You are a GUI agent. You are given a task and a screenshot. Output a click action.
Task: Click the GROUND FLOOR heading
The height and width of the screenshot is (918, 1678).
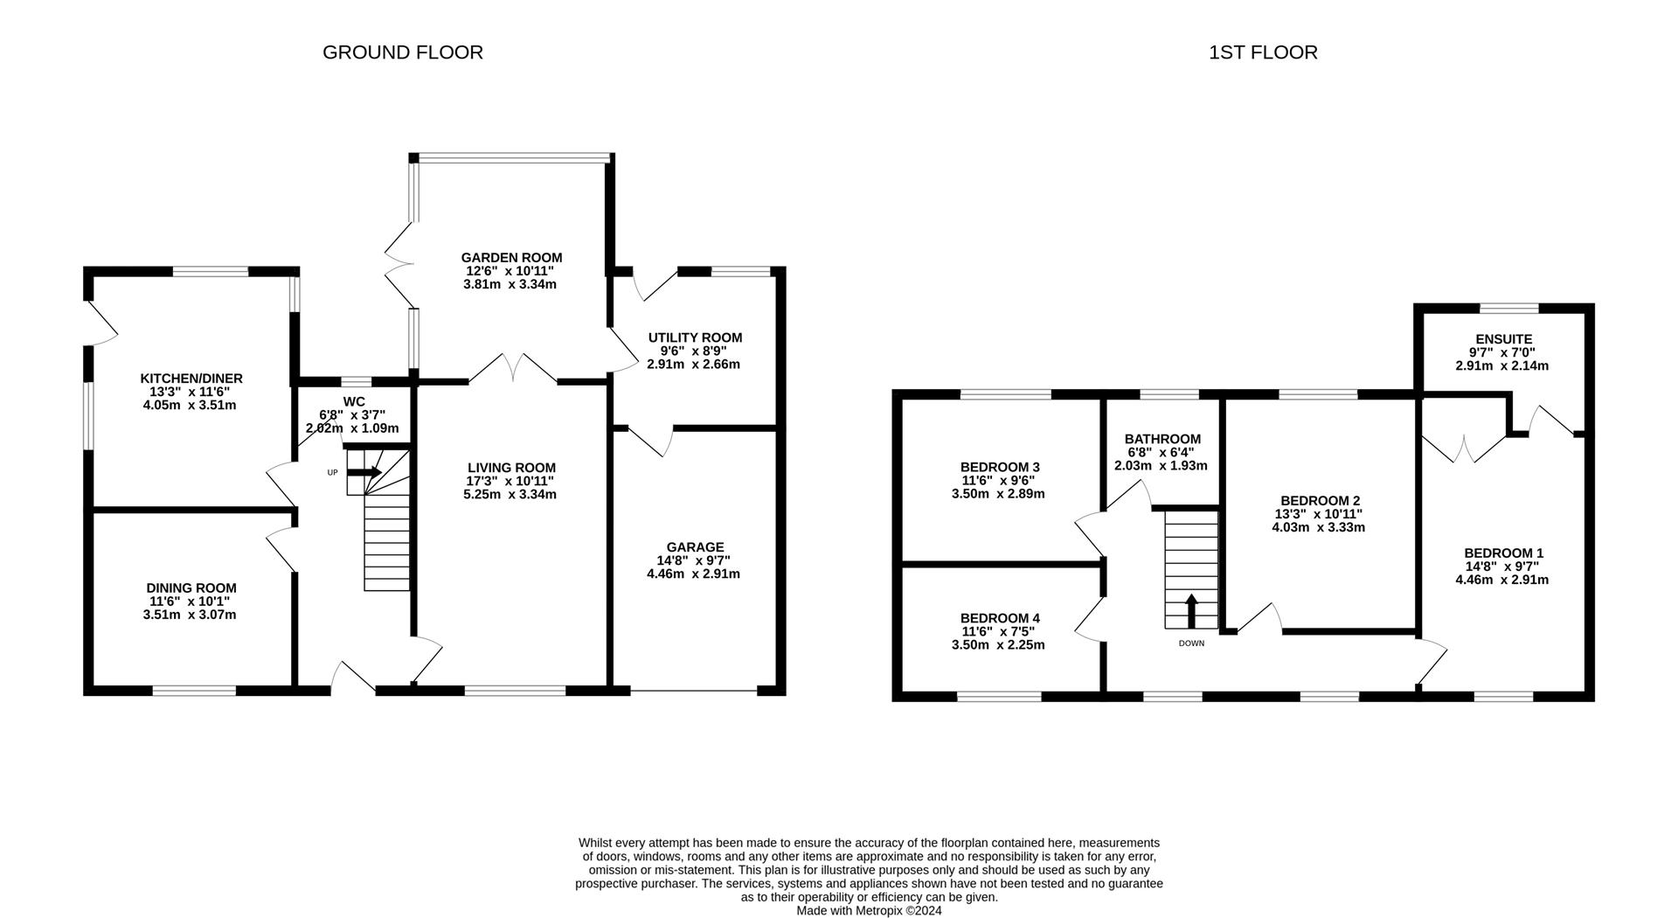(403, 52)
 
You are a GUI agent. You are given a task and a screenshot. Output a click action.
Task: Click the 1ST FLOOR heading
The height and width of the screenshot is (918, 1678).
(1263, 52)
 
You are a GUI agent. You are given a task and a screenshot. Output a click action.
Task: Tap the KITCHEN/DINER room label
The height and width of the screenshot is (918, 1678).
(191, 379)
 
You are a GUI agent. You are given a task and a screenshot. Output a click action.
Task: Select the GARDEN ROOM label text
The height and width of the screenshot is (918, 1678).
(511, 258)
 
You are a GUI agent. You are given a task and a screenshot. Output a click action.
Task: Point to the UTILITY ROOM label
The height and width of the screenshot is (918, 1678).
(695, 337)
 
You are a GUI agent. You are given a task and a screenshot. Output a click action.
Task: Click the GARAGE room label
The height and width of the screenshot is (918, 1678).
(697, 547)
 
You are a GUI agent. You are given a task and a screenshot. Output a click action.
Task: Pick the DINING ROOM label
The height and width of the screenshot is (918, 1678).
(191, 588)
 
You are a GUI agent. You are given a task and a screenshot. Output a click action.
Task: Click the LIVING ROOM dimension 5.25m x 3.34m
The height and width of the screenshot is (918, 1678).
(510, 495)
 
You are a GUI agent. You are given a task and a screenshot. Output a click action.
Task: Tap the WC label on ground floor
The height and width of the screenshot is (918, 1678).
(354, 401)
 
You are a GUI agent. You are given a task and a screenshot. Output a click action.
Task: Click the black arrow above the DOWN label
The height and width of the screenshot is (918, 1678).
(1191, 610)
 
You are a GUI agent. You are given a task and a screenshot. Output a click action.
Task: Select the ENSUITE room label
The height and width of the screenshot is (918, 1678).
(1503, 339)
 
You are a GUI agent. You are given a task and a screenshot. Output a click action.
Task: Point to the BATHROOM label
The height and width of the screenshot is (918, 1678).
(1162, 439)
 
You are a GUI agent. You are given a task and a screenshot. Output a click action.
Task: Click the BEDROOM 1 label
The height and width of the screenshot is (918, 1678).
(1503, 553)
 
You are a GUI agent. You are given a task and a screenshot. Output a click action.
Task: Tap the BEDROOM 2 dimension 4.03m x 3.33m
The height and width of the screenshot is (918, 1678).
(1318, 527)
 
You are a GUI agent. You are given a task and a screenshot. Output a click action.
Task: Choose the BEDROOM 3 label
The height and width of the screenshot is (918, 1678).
(1000, 467)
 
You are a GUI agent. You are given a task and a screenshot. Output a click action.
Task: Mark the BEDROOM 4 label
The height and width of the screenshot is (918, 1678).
(1000, 618)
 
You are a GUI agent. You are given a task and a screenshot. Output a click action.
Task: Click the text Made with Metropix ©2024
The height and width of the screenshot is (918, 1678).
(869, 910)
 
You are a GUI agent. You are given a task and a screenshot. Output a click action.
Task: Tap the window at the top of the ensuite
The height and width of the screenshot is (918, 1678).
(1508, 308)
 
